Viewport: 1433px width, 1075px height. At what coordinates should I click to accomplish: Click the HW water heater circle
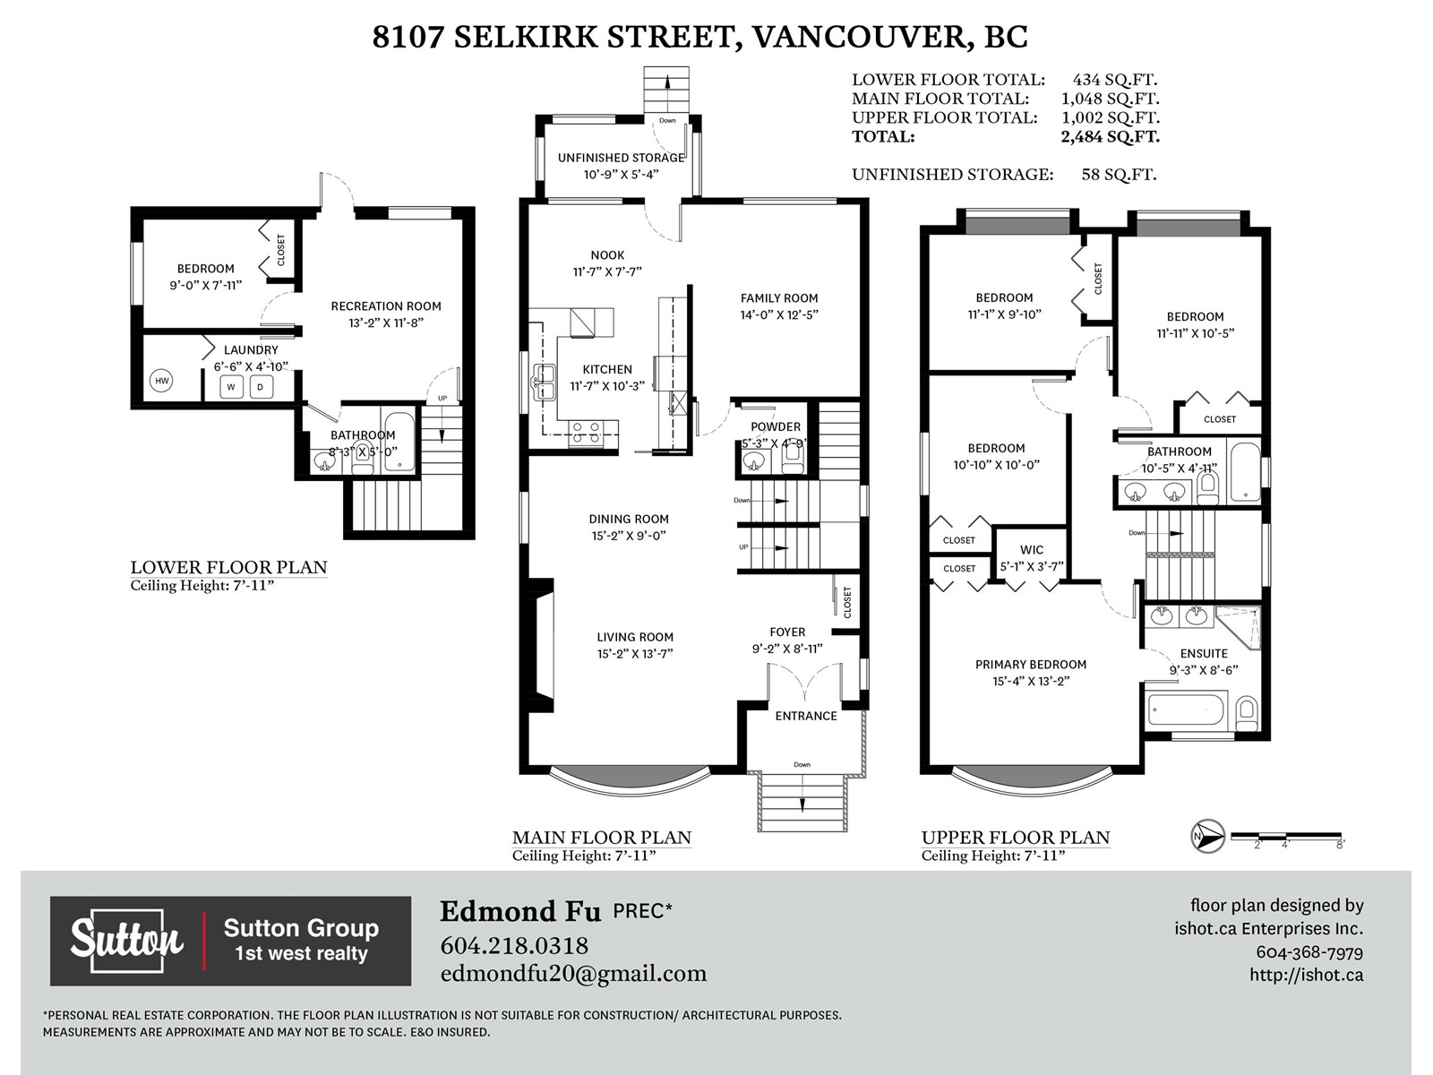tap(161, 382)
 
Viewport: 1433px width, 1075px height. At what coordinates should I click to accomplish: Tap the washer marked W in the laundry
tap(230, 386)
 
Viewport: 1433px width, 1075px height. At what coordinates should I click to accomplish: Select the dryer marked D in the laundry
tap(261, 386)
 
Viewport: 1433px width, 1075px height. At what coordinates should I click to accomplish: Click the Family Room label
tap(779, 298)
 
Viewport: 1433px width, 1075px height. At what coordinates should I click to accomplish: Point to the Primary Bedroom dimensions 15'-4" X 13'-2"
tap(1031, 682)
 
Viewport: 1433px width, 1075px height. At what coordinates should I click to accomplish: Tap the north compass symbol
tap(1208, 836)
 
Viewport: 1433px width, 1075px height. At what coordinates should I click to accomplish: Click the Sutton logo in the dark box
tap(126, 941)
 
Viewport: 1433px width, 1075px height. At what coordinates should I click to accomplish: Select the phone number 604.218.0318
tap(514, 946)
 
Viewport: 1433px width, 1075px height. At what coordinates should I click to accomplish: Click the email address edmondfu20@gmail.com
tap(573, 974)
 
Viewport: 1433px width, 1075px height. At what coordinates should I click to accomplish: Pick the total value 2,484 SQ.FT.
tap(1110, 136)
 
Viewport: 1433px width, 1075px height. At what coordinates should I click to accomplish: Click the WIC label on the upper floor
tap(1032, 550)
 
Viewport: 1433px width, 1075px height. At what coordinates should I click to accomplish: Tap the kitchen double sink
tap(543, 383)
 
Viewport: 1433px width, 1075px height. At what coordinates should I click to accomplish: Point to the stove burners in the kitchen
tap(585, 434)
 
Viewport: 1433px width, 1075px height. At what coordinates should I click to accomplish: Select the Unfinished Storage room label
tap(621, 158)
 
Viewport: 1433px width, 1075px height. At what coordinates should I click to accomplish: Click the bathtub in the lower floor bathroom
tap(399, 442)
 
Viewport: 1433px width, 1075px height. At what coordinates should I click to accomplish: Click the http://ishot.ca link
tap(1307, 975)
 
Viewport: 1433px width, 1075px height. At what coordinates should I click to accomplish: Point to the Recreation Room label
tap(386, 306)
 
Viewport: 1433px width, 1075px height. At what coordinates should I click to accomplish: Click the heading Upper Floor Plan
tap(1015, 838)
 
